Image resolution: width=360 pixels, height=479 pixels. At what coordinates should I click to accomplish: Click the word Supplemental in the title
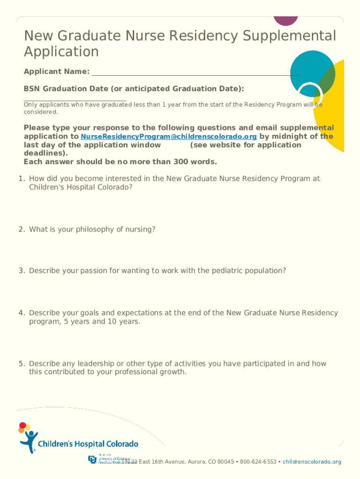[x=293, y=36]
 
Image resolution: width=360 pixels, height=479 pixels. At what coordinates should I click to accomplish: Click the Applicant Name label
[x=57, y=72]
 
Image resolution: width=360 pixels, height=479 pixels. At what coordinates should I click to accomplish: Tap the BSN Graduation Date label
[x=134, y=89]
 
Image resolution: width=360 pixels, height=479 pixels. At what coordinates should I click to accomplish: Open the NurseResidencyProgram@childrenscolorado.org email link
[x=169, y=137]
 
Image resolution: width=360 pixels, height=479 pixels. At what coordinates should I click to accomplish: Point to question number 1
[x=22, y=179]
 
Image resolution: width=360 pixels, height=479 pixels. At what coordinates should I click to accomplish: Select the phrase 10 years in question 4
[x=122, y=322]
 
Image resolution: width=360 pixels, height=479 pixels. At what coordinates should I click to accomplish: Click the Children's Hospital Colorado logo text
[x=88, y=444]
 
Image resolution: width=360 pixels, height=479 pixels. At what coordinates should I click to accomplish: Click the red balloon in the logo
[x=22, y=426]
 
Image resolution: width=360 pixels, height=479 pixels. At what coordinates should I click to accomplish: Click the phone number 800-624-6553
[x=258, y=462]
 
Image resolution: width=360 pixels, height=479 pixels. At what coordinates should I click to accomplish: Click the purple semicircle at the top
[x=285, y=20]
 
